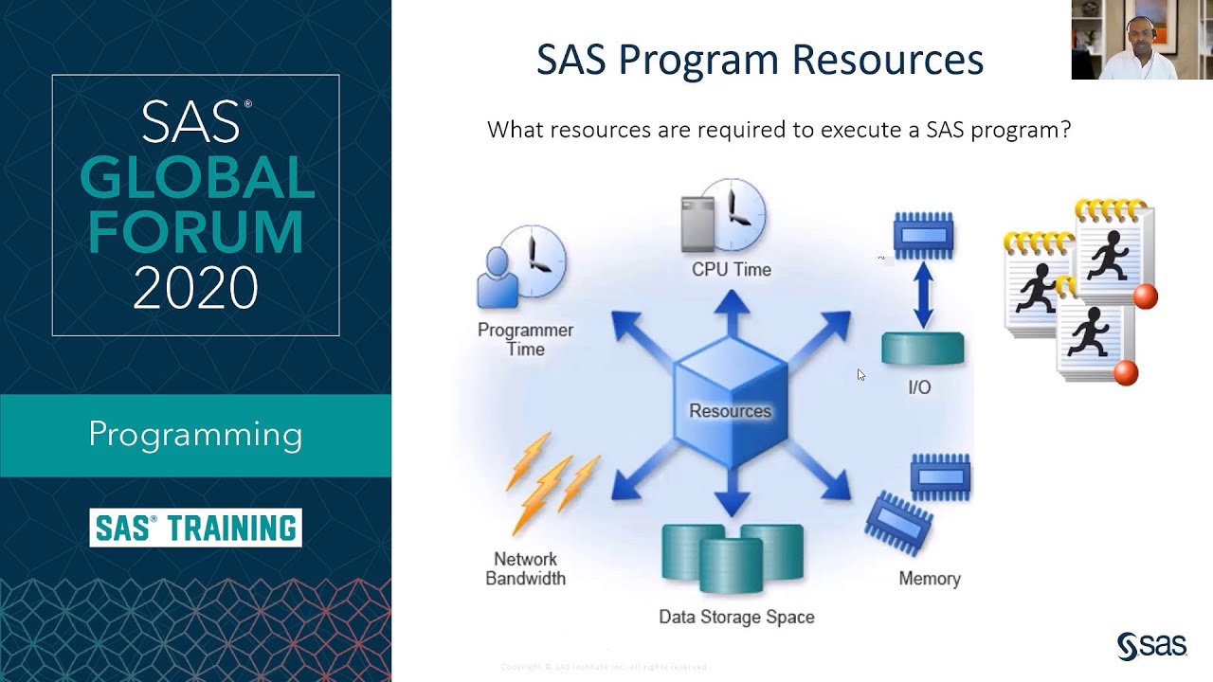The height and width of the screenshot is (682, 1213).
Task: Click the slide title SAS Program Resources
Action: [759, 60]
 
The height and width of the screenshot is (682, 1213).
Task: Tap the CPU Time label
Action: [731, 270]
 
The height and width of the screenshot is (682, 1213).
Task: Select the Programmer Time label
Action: [525, 339]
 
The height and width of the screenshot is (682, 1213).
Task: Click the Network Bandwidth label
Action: [525, 568]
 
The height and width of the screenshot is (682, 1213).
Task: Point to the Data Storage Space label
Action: [736, 617]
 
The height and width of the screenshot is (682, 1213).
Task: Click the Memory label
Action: [929, 578]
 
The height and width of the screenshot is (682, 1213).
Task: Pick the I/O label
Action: [919, 387]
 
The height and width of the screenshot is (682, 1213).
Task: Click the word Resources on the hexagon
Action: [730, 411]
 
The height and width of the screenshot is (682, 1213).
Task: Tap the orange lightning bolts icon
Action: [552, 481]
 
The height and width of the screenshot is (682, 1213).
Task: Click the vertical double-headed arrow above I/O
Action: [923, 295]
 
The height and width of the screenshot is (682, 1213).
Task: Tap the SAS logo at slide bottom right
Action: [1151, 645]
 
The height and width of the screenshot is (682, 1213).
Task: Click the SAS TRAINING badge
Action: [196, 528]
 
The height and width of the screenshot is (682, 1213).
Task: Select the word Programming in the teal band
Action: [195, 435]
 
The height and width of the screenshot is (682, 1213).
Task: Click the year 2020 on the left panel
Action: [195, 288]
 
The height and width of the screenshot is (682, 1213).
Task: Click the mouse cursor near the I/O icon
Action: [860, 375]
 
